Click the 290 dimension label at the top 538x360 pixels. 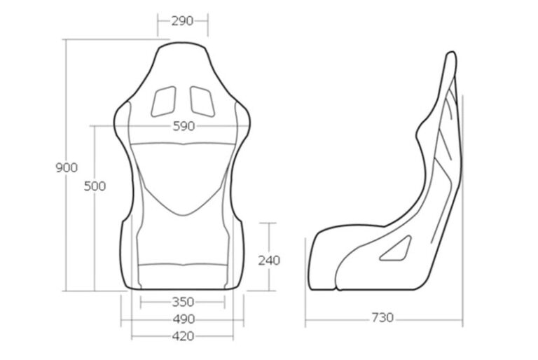point(182,21)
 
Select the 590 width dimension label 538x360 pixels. point(184,126)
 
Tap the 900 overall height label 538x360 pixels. point(66,167)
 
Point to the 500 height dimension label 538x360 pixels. point(95,186)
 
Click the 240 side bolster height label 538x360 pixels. point(268,261)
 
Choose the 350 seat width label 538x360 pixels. point(182,303)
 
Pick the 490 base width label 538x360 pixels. point(182,319)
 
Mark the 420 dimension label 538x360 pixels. point(182,336)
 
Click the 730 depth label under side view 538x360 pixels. point(382,319)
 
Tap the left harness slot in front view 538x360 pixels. point(165,101)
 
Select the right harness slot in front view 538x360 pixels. point(202,101)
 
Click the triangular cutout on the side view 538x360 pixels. point(396,249)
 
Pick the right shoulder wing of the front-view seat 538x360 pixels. point(243,112)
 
